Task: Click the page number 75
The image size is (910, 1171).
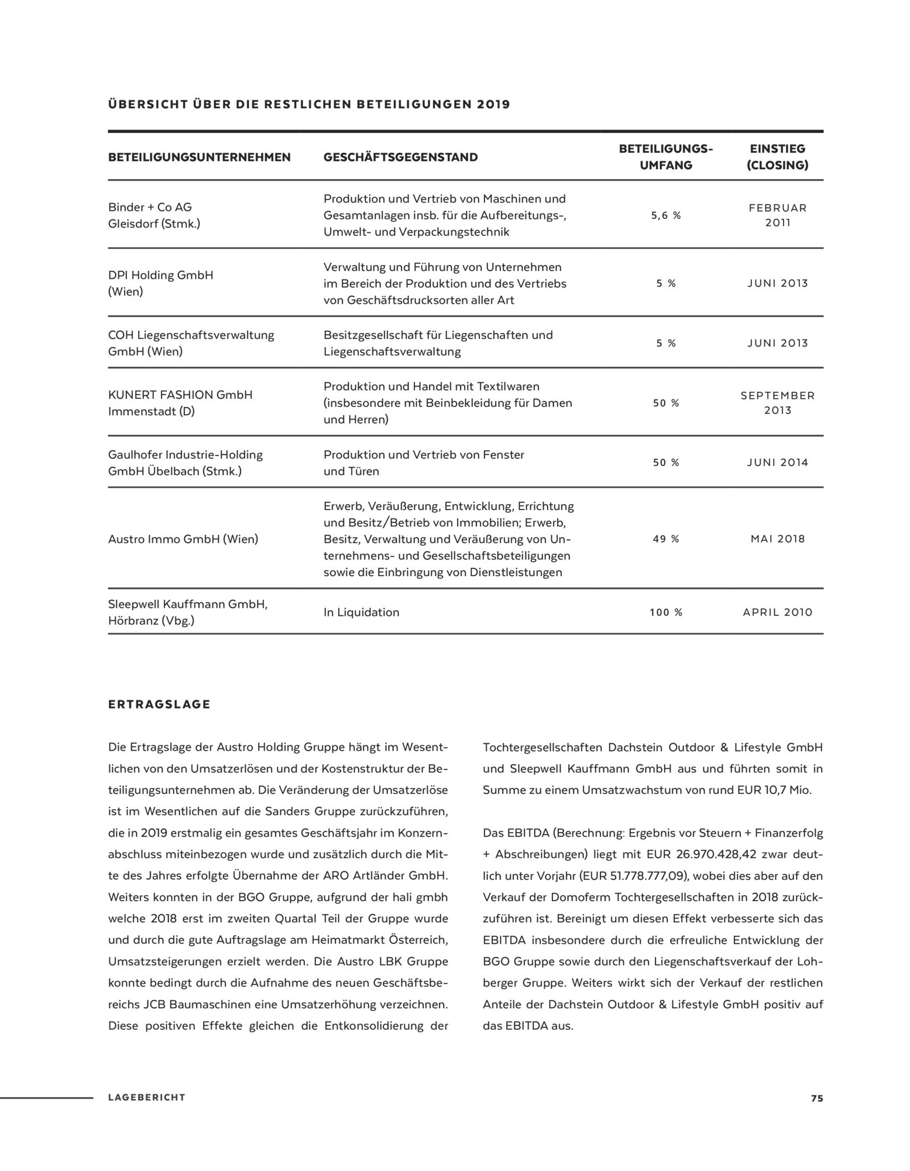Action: tap(816, 1098)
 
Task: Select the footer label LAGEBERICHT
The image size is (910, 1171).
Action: tap(147, 1098)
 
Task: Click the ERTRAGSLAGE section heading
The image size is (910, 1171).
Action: tap(159, 704)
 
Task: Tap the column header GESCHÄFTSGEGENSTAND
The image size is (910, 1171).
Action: tap(400, 157)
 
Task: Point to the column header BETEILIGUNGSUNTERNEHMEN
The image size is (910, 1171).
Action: tap(199, 157)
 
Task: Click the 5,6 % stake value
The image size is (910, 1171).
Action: tap(666, 215)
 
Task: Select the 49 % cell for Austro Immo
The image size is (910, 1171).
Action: tap(666, 539)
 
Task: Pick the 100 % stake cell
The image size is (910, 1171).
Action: tap(666, 612)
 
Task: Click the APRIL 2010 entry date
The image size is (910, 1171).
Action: tap(778, 612)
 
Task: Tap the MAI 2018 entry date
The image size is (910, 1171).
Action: tap(778, 539)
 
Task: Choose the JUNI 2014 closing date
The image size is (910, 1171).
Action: tap(778, 463)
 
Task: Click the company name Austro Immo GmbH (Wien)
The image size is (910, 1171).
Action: tap(183, 539)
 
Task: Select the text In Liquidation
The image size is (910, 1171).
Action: tap(361, 612)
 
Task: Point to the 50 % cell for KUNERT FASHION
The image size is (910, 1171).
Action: tap(666, 403)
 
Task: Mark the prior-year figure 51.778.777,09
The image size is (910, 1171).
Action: tap(633, 876)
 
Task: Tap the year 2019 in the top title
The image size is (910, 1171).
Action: tap(493, 105)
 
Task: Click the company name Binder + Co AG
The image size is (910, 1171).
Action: tap(150, 207)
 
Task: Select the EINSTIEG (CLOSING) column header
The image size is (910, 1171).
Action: tap(778, 157)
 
